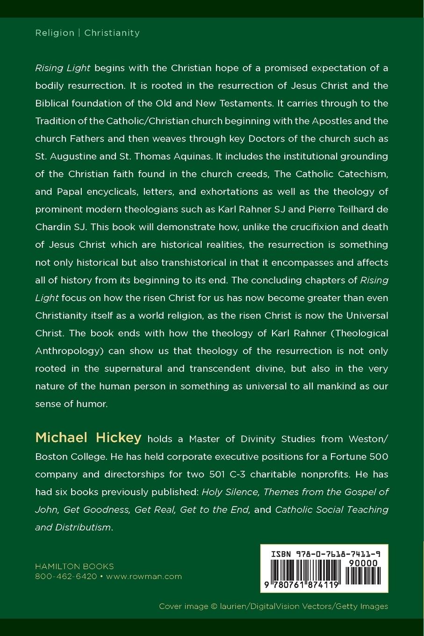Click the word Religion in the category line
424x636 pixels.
(x=55, y=33)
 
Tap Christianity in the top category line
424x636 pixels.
(x=112, y=33)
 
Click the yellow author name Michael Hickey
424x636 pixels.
(x=88, y=438)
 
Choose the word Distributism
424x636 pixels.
(x=83, y=528)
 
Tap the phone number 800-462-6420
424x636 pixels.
(x=66, y=577)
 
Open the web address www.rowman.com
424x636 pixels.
(x=144, y=577)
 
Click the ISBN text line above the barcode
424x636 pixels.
(x=325, y=554)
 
